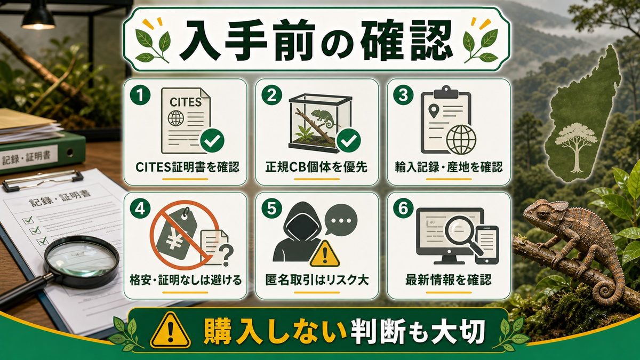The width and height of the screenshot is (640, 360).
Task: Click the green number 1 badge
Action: coord(140,95)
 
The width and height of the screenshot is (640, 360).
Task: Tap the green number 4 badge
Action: coord(140,209)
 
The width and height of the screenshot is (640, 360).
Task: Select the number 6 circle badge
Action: coord(403,209)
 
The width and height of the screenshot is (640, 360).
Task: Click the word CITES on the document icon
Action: coord(186,102)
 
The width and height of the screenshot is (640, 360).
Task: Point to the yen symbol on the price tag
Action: coord(175,239)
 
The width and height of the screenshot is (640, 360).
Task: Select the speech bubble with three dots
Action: coord(341,219)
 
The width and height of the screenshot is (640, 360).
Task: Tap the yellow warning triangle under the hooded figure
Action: coord(325,254)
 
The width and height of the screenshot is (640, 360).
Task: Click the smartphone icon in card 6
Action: coord(487,245)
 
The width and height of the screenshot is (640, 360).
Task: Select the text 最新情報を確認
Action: coord(449,280)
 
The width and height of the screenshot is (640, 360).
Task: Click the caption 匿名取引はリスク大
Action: coord(317,280)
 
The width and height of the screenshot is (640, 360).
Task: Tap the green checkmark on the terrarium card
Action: coord(349,140)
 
